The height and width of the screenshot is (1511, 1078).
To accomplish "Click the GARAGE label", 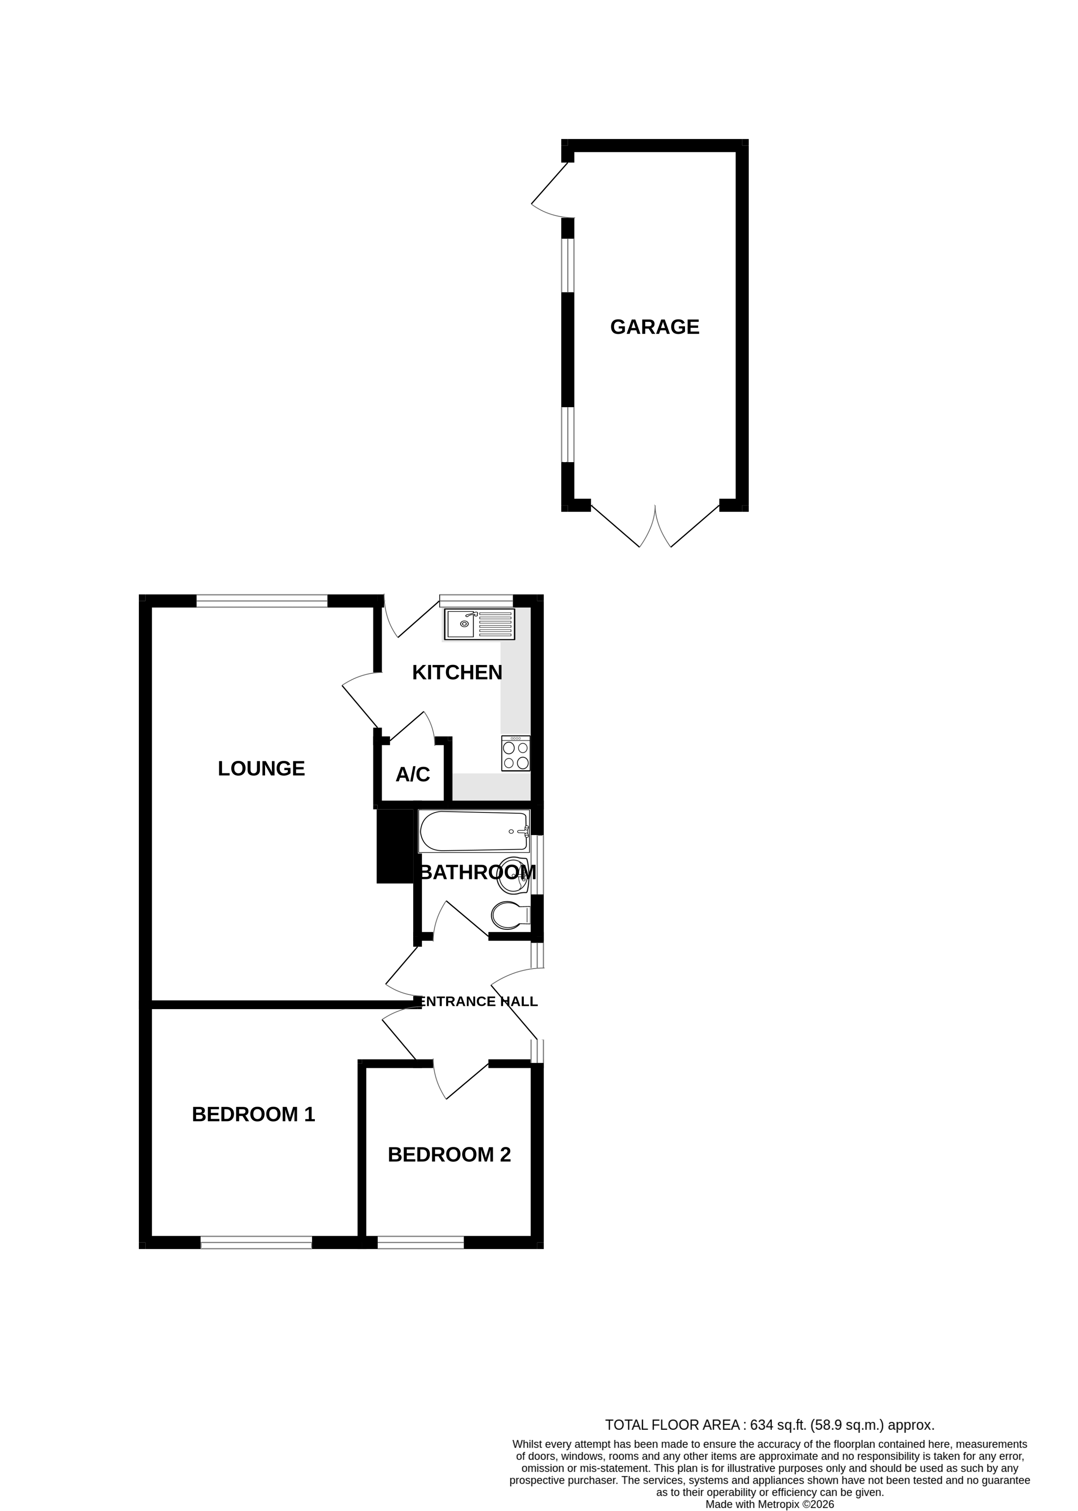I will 655,327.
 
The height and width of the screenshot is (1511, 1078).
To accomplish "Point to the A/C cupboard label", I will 412,774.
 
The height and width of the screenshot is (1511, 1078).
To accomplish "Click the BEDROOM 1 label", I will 253,1114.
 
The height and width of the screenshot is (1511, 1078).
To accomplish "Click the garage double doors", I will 655,528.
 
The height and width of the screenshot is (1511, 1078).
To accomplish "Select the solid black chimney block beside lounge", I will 395,846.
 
